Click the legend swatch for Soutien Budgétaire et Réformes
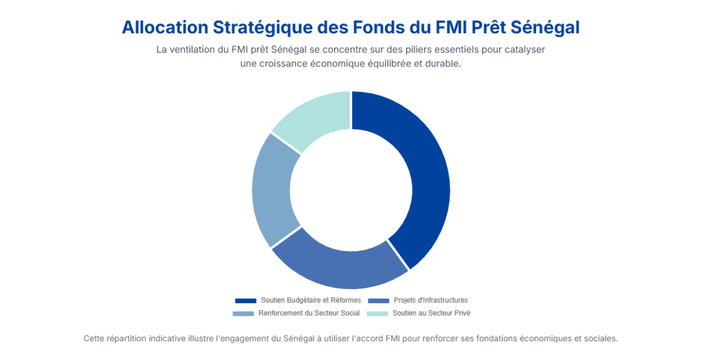click(246, 301)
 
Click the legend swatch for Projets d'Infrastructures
click(378, 301)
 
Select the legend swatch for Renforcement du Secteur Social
click(243, 313)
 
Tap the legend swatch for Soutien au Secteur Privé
click(378, 313)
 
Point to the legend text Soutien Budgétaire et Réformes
click(310, 301)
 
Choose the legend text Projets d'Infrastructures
click(430, 301)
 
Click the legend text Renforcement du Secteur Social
click(309, 313)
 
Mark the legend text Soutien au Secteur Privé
click(431, 313)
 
